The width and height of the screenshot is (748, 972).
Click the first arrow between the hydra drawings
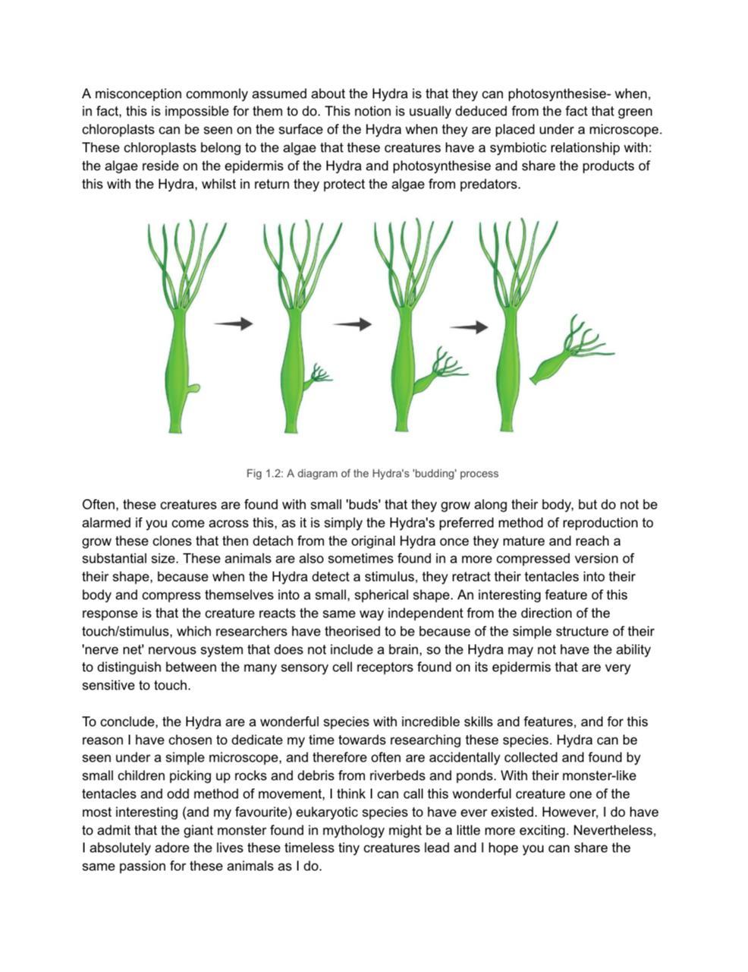coord(233,324)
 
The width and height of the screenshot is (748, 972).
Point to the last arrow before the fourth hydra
coord(469,328)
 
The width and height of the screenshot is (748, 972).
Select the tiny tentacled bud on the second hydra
coord(319,374)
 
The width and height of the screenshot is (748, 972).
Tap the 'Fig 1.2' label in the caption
coord(263,474)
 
